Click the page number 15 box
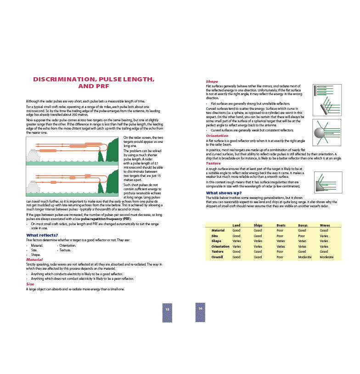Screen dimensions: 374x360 coord(167,312)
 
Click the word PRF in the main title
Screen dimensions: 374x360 coord(100,86)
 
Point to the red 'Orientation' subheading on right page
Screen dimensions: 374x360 coord(217,136)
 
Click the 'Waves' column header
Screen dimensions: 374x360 coord(324,225)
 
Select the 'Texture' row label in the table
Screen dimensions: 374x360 coord(217,252)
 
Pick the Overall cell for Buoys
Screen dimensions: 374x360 coord(304,257)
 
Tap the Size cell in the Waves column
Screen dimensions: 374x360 coord(324,236)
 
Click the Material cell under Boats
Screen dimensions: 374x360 coord(280,230)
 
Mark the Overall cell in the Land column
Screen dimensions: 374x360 coord(236,257)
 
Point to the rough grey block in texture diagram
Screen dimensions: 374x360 coord(320,186)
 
